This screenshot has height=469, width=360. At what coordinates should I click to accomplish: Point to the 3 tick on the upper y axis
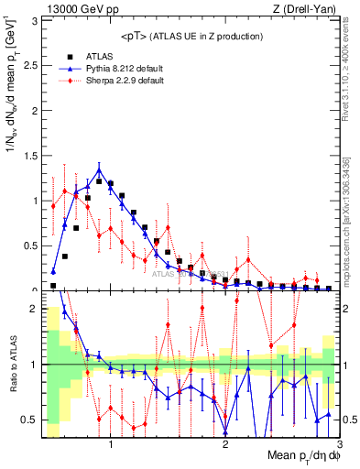36,21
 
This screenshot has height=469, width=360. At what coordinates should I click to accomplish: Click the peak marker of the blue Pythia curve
99,169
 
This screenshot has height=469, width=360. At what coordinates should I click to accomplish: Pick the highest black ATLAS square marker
99,181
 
